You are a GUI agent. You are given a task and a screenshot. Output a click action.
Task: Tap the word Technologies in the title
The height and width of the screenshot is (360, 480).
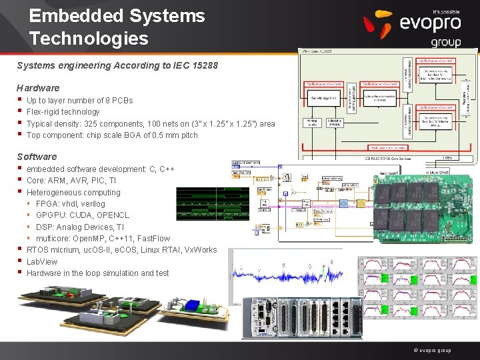click(x=89, y=39)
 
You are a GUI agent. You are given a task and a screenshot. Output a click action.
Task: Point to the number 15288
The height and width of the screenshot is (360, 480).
click(x=204, y=66)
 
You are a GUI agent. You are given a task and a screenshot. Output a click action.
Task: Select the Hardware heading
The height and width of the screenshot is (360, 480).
click(x=38, y=88)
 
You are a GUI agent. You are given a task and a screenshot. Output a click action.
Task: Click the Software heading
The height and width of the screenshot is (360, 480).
click(x=37, y=157)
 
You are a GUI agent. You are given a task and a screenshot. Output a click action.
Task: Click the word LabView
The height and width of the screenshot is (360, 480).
click(x=42, y=262)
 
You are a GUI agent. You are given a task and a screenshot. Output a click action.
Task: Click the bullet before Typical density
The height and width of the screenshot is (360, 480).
click(x=19, y=124)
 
